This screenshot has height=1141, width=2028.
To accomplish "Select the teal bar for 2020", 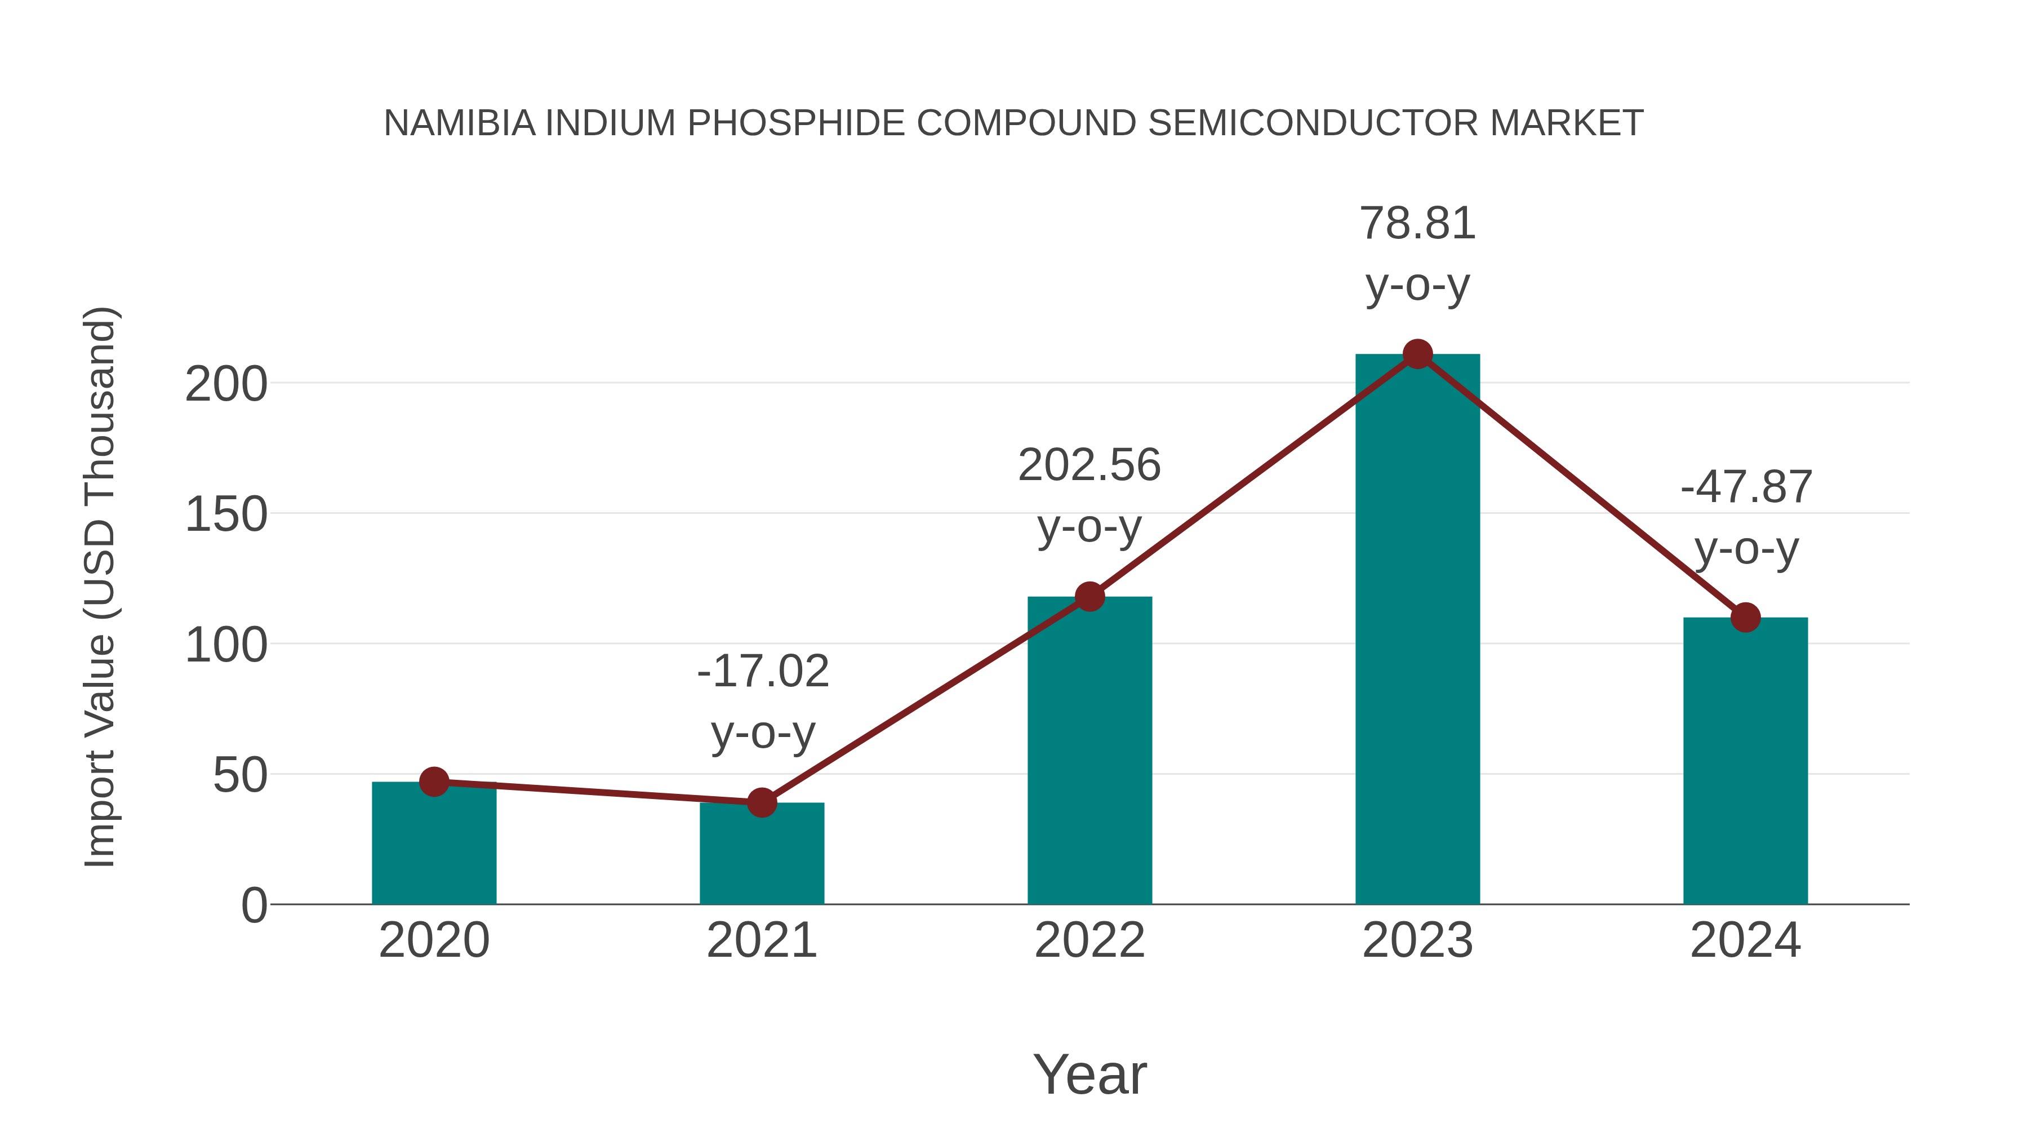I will click(x=434, y=846).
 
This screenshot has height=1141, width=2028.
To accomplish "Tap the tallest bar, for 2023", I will click(x=1417, y=630).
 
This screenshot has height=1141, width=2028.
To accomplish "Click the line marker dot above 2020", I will click(x=434, y=782).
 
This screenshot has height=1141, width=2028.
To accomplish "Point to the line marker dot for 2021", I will click(x=761, y=802).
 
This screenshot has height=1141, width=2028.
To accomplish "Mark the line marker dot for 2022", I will click(x=1089, y=597).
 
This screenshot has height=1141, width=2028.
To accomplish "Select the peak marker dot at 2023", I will click(x=1417, y=354).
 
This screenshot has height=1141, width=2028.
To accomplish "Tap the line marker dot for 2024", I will click(x=1745, y=618).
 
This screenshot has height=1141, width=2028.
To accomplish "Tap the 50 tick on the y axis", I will click(x=240, y=776).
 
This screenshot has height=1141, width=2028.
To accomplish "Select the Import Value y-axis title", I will click(x=100, y=587).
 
